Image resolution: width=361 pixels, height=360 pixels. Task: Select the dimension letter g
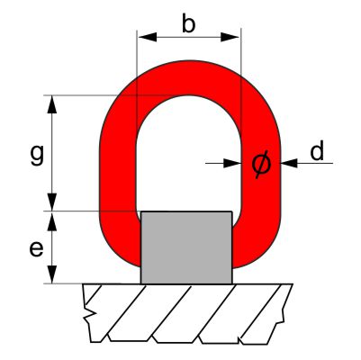coord(37,155)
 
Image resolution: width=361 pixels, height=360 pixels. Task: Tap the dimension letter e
coord(36,248)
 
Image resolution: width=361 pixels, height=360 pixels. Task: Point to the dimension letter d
coord(317,150)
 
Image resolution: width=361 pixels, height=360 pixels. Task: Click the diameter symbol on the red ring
coord(261,164)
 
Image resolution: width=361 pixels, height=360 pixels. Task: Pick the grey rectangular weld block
coord(186,247)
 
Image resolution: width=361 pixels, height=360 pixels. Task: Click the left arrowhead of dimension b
coord(147,37)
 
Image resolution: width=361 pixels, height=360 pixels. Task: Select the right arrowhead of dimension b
coord(230,37)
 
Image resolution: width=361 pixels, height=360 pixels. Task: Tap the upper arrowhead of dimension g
coord(52,104)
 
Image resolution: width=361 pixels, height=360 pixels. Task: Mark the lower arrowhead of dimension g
coord(52,202)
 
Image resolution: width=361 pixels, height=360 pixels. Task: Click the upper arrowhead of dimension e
coord(52,221)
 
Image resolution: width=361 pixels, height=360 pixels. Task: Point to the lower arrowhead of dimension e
coord(52,274)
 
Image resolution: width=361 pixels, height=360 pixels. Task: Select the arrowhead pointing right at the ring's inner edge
coord(232,163)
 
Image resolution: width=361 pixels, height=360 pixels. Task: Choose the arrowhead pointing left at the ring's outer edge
coord(289,163)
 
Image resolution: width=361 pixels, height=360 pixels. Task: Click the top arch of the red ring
coord(188,77)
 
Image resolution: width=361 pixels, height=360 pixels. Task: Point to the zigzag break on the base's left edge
coord(89,313)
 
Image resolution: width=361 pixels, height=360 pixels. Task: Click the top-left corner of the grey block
coord(141,211)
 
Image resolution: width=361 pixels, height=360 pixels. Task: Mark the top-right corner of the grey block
coord(232,211)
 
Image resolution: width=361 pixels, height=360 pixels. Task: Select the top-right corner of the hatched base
coord(293,284)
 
